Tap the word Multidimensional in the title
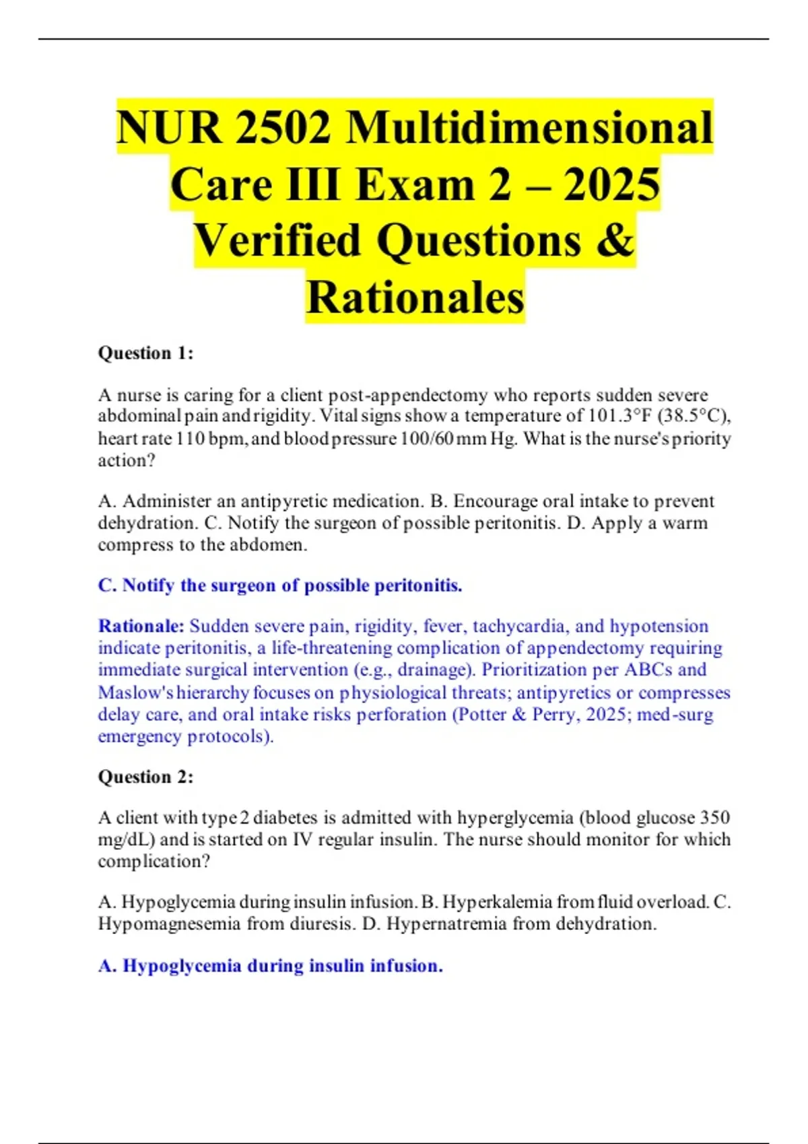tap(529, 128)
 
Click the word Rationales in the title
tap(415, 297)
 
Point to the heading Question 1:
tap(145, 353)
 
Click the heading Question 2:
tap(145, 777)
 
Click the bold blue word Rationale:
tap(141, 627)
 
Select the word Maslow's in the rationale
tap(136, 692)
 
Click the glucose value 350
tap(715, 818)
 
